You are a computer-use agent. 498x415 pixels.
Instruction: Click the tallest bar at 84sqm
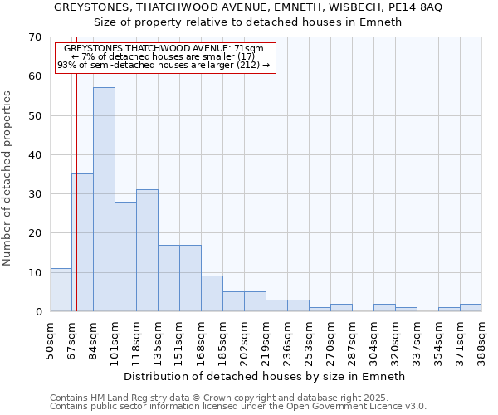point(104,199)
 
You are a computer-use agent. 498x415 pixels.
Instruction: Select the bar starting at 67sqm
point(82,242)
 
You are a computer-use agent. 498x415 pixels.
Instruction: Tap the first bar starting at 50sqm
point(61,290)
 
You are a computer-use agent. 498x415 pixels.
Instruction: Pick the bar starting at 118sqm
point(147,251)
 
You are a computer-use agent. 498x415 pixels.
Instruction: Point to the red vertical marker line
point(76,207)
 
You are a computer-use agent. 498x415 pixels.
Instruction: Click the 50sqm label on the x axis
point(51,340)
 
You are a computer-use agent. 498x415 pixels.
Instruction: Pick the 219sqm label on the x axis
point(266,340)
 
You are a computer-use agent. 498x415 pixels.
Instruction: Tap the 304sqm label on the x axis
point(373,340)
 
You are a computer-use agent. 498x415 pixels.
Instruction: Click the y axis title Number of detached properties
point(8,178)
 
